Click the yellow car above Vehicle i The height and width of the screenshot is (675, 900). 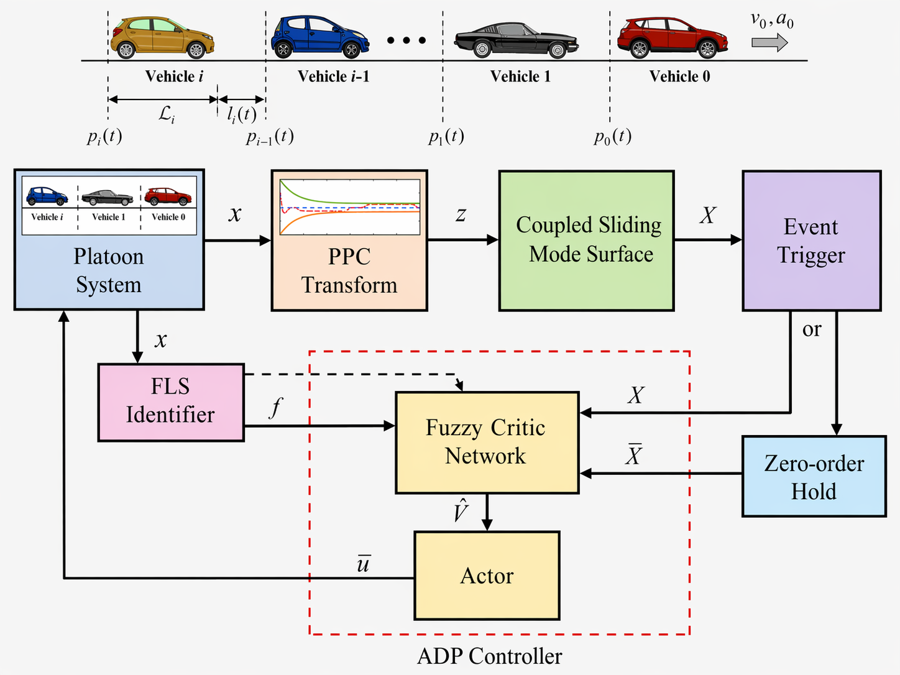pos(162,37)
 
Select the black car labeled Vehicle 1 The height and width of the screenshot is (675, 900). pos(516,40)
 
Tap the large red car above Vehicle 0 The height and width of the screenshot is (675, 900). pos(672,37)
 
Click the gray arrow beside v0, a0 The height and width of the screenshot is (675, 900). pos(769,42)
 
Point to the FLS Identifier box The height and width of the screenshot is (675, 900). pos(171,402)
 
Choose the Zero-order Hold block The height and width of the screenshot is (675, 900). pos(814,476)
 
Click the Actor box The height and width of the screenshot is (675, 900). pos(487,575)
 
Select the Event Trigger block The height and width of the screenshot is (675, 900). pos(811,241)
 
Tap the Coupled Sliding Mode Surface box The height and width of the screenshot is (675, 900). pos(586,241)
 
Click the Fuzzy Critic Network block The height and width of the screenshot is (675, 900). pos(487,442)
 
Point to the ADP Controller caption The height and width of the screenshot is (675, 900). pos(489,656)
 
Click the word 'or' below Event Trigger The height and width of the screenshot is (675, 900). pos(812,329)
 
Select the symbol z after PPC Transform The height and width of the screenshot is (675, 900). pos(461,214)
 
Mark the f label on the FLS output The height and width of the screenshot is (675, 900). pos(275,408)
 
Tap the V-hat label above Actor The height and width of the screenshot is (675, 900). pos(461,511)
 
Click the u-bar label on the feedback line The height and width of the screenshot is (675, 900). pos(364,563)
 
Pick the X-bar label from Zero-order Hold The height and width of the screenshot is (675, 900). pos(633,454)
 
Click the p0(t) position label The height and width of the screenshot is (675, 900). pos(612,136)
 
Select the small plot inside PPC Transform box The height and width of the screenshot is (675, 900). pos(350,207)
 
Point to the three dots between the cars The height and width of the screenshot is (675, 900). pos(406,40)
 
